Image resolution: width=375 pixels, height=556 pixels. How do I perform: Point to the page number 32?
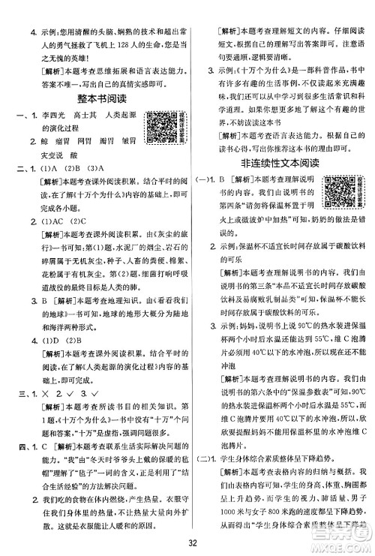pos(188,543)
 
